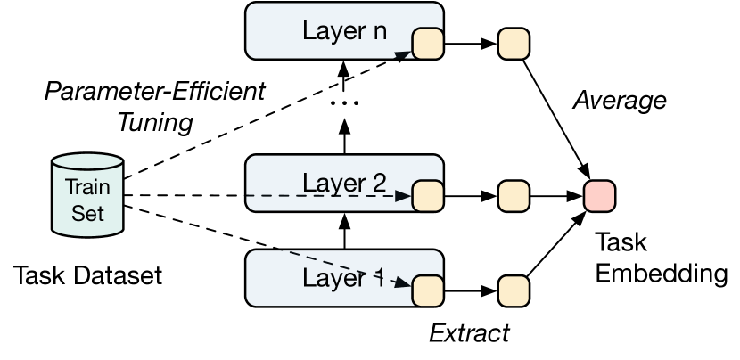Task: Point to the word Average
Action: click(x=619, y=100)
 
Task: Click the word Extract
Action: click(x=469, y=334)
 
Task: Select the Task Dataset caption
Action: click(x=88, y=274)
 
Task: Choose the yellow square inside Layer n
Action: click(x=427, y=43)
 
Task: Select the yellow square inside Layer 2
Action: click(x=427, y=193)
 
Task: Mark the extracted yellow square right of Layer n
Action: click(x=514, y=43)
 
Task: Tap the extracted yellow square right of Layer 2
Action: click(x=514, y=193)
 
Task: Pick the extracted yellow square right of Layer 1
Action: click(x=514, y=290)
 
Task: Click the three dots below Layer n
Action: click(x=343, y=102)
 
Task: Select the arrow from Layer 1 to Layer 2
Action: click(x=343, y=233)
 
